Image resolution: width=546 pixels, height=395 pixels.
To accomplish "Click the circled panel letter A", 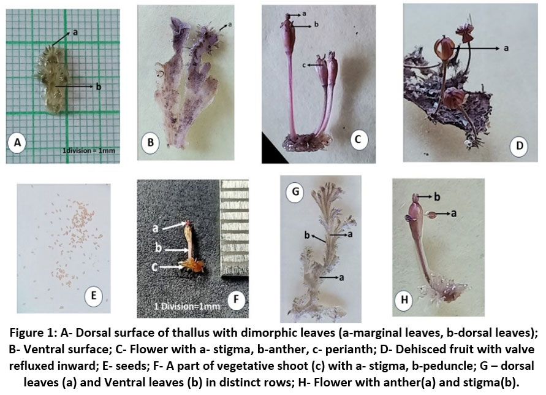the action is click(x=17, y=142).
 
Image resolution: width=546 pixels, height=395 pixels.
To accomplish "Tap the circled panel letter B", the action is click(x=151, y=142).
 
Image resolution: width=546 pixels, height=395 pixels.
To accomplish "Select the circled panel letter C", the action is click(x=358, y=140).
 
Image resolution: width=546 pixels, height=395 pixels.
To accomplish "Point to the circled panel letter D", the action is click(x=519, y=145).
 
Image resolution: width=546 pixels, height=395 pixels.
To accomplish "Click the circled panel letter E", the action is click(x=94, y=296).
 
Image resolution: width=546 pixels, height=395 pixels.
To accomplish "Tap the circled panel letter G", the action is click(x=295, y=191).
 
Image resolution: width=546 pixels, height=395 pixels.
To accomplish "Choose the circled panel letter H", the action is click(x=404, y=299).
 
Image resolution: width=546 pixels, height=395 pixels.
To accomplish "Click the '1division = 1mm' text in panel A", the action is click(x=88, y=151).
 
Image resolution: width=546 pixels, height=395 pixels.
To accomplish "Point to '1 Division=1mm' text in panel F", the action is click(x=187, y=307).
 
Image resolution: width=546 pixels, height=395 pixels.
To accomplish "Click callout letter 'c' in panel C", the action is click(x=304, y=65).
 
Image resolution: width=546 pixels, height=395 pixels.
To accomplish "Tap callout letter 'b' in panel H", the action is click(x=437, y=197).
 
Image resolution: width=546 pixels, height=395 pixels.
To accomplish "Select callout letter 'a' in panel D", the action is click(x=506, y=48).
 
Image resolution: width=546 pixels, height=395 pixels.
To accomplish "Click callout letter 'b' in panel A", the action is click(x=99, y=86).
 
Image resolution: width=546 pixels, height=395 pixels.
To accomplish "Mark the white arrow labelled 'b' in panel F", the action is click(x=176, y=250).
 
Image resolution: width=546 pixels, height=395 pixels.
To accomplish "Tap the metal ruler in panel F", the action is click(x=235, y=228).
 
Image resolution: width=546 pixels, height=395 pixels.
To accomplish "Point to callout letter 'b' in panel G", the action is click(x=307, y=236).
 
